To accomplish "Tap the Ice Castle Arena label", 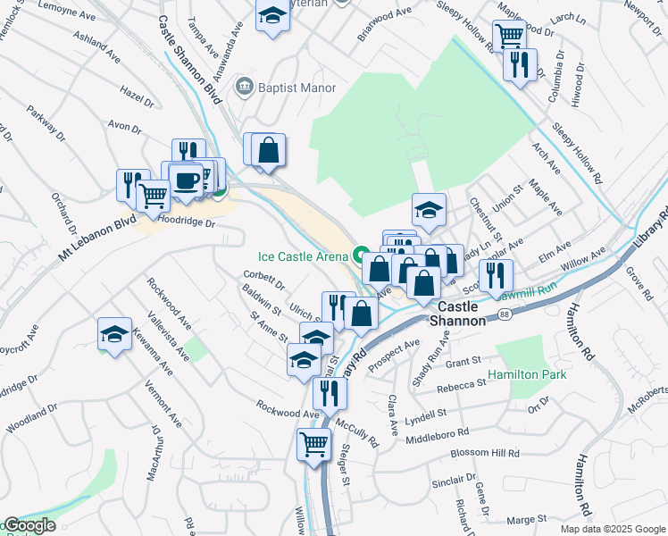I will point(304,256).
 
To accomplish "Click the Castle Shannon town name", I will point(458,313).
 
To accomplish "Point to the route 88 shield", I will point(505,314).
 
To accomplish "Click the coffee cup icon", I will point(187,180).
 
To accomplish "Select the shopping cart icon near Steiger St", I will point(313,443).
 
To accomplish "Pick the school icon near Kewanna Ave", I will point(114,333).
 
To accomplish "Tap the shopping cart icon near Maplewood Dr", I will point(509,36).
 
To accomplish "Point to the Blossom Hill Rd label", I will point(486,453).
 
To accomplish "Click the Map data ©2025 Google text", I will point(612,529).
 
